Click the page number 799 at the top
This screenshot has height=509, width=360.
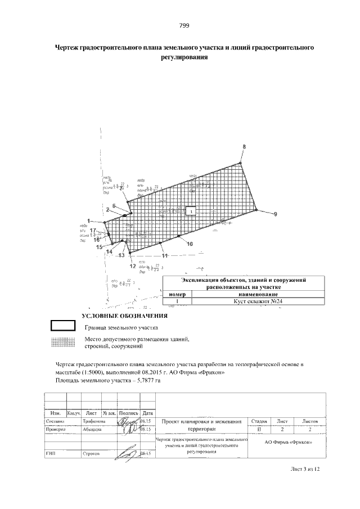(x=184, y=25)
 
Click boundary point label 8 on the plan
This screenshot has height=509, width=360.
(x=244, y=147)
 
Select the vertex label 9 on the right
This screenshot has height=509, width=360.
(x=275, y=214)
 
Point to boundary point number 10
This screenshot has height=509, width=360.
(x=190, y=244)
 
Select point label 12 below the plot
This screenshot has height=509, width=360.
(x=132, y=265)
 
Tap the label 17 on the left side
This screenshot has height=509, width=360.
(x=92, y=231)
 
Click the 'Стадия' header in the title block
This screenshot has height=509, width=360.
(x=259, y=421)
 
